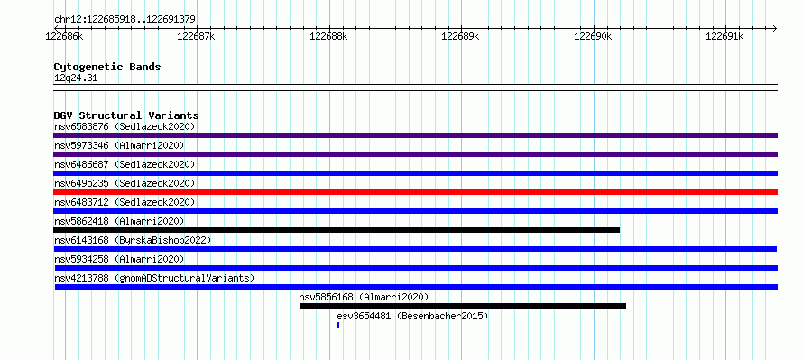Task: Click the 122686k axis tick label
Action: (x=65, y=37)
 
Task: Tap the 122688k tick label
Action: (x=328, y=37)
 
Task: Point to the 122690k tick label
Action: (x=593, y=37)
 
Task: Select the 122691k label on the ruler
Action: (x=725, y=37)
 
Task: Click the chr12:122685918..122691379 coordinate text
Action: (x=125, y=20)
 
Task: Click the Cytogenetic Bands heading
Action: (x=107, y=67)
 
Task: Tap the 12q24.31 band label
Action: (x=75, y=78)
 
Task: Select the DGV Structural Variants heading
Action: (x=126, y=115)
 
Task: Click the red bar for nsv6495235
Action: (x=415, y=192)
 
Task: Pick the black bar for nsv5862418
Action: (x=337, y=230)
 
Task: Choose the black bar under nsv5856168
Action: (x=463, y=306)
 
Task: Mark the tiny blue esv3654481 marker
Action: (x=338, y=325)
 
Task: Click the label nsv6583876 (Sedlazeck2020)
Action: (x=125, y=126)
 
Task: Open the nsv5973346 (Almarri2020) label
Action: (x=119, y=145)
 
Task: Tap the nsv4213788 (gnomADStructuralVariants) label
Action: (x=154, y=278)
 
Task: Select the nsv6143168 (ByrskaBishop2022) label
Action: (x=133, y=240)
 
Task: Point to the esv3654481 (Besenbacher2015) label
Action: (x=412, y=316)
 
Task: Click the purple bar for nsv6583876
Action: (x=415, y=135)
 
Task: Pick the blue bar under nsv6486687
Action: (x=415, y=173)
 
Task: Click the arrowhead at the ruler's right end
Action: (x=775, y=28)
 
